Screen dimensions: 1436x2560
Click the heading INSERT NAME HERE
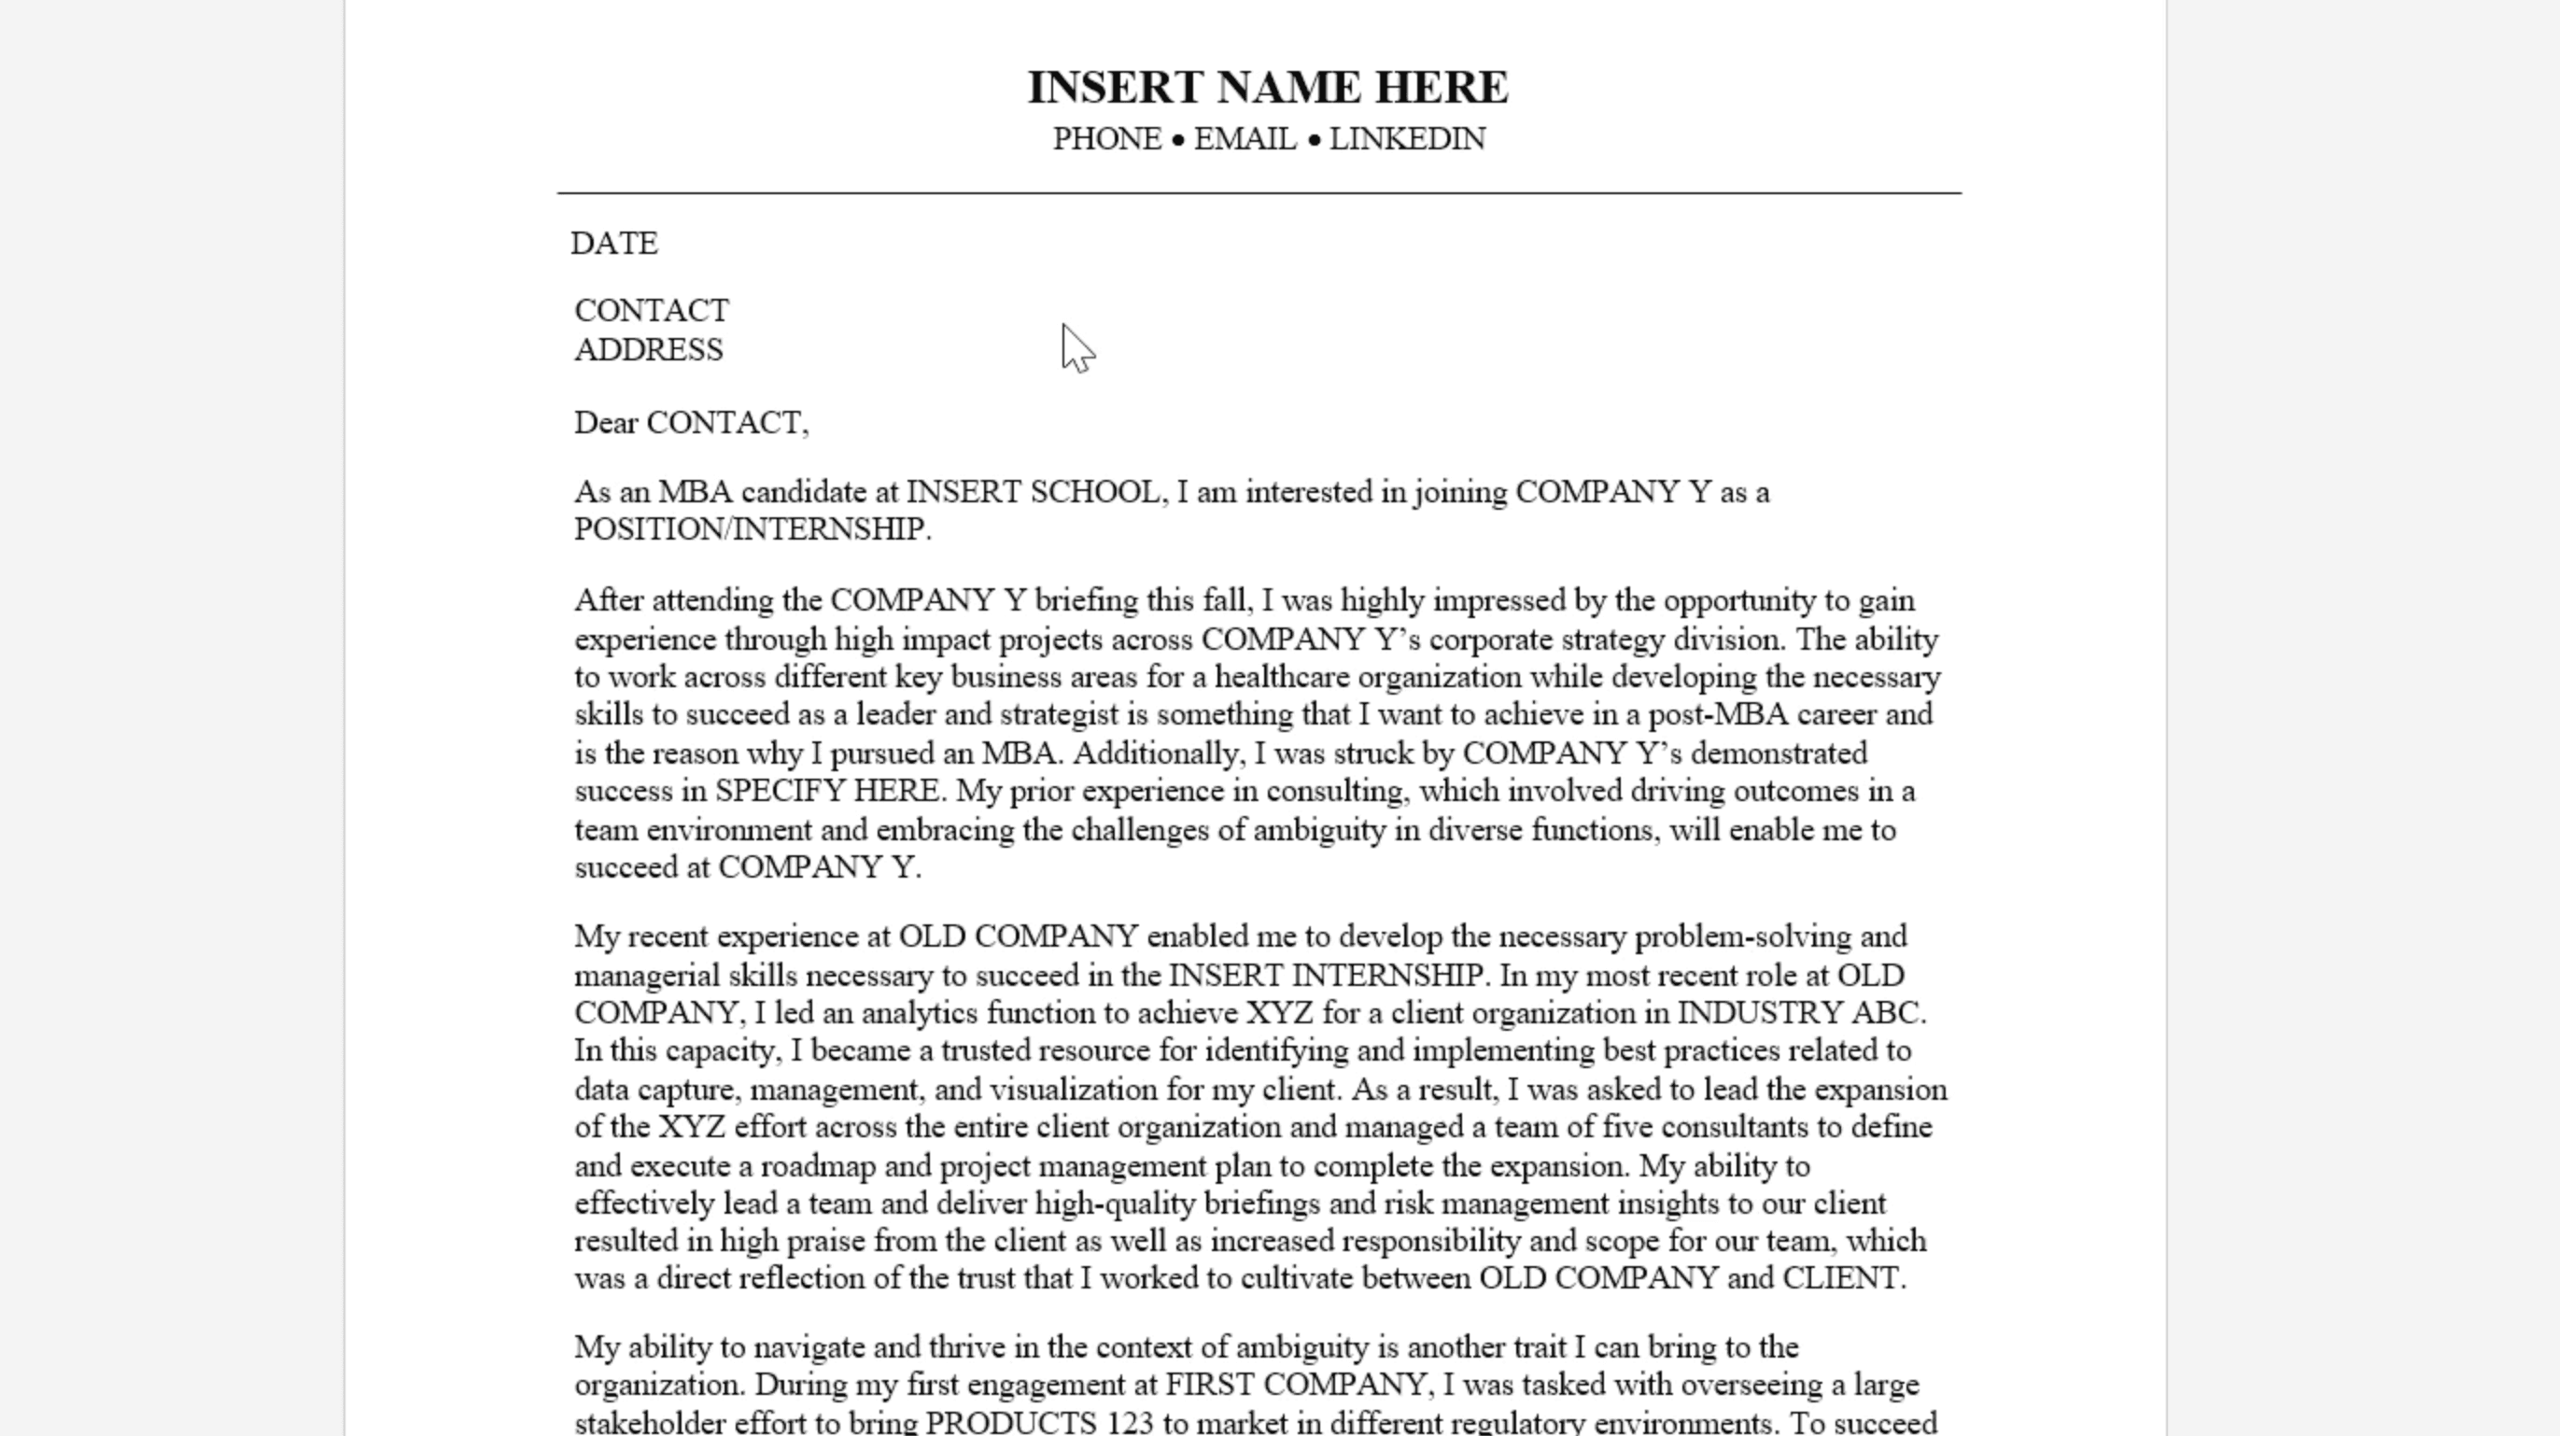[x=1267, y=88]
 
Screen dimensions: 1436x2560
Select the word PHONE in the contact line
[x=1106, y=139]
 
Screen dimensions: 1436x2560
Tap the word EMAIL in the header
[x=1245, y=139]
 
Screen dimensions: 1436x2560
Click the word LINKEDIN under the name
[x=1407, y=139]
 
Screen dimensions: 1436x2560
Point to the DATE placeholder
[x=614, y=244]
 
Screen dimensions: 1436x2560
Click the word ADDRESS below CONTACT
[x=649, y=350]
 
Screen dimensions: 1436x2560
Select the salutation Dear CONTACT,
[x=692, y=423]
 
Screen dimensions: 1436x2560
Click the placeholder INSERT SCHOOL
[x=1032, y=492]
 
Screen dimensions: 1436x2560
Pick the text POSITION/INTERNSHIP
[x=751, y=529]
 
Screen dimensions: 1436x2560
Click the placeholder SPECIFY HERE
[x=827, y=791]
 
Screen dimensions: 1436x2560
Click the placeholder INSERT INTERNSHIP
[x=1327, y=975]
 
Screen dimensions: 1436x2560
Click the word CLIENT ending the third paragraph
[x=1841, y=1278]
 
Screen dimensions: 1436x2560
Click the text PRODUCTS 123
[x=1039, y=1422]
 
